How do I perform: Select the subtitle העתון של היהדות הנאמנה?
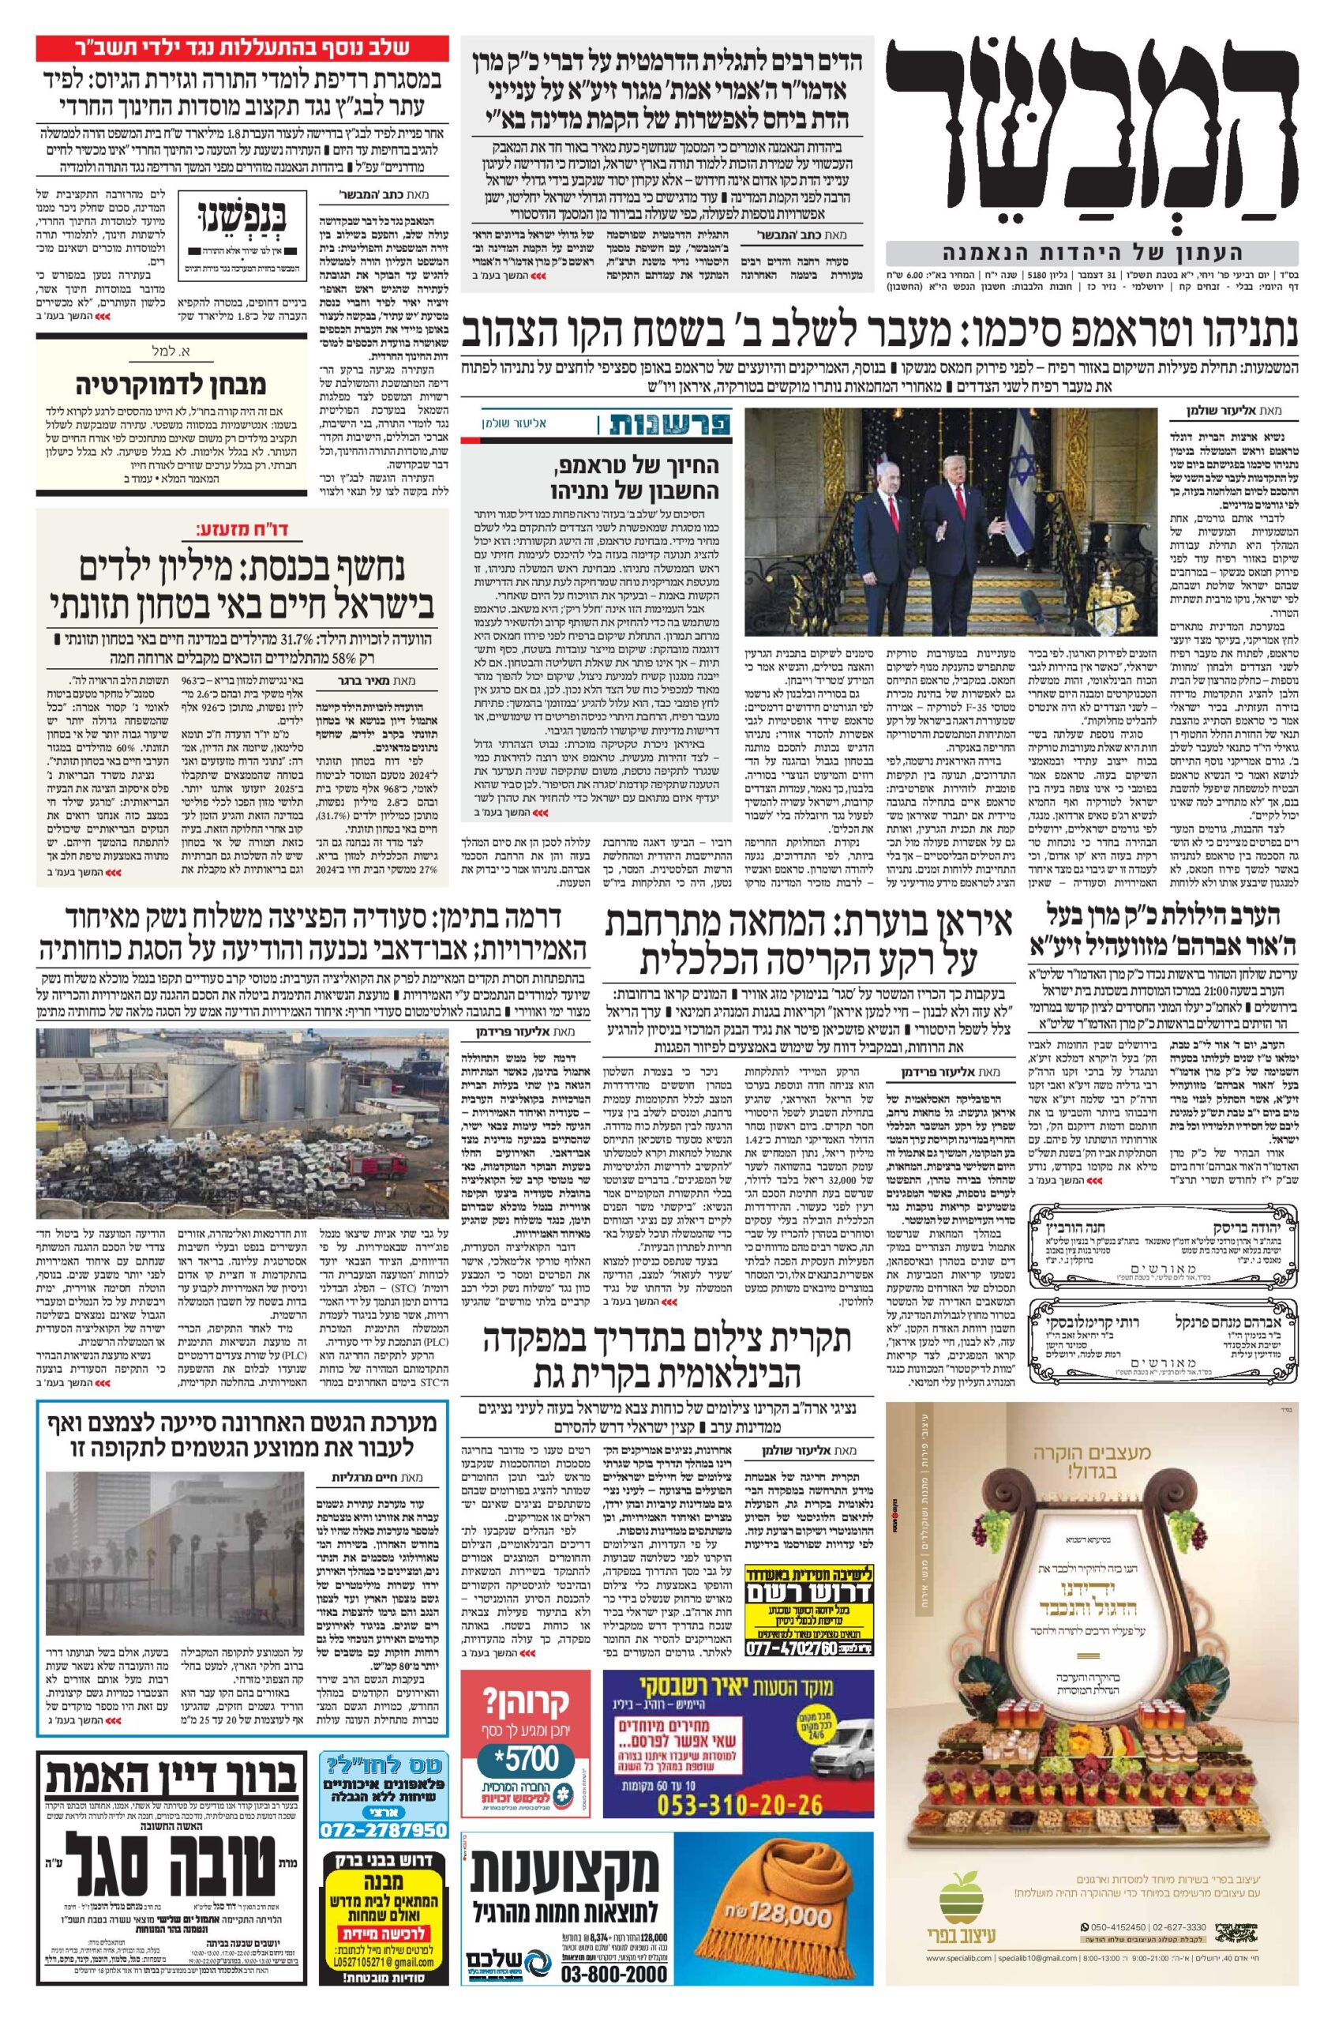1092,253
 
